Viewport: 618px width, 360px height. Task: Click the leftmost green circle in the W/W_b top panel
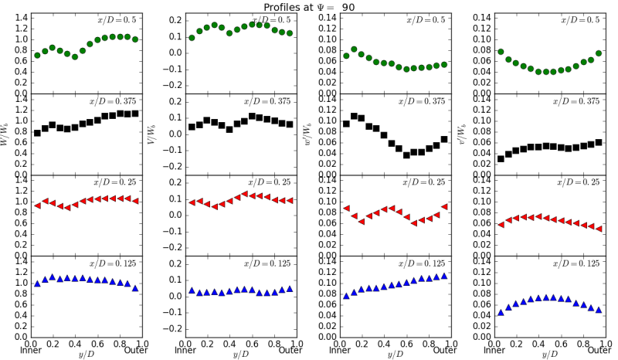pyautogui.click(x=37, y=56)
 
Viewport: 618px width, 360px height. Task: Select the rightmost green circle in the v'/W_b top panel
pyautogui.click(x=599, y=53)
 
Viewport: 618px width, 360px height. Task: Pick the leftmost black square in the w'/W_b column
pyautogui.click(x=346, y=124)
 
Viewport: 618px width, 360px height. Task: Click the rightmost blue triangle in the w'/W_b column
pyautogui.click(x=444, y=275)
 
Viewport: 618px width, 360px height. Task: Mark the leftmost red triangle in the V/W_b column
pyautogui.click(x=192, y=202)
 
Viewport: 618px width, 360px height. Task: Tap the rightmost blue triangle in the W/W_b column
pyautogui.click(x=135, y=288)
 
